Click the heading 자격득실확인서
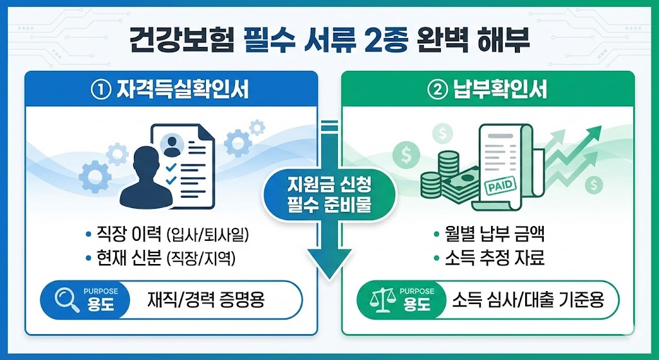[183, 90]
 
